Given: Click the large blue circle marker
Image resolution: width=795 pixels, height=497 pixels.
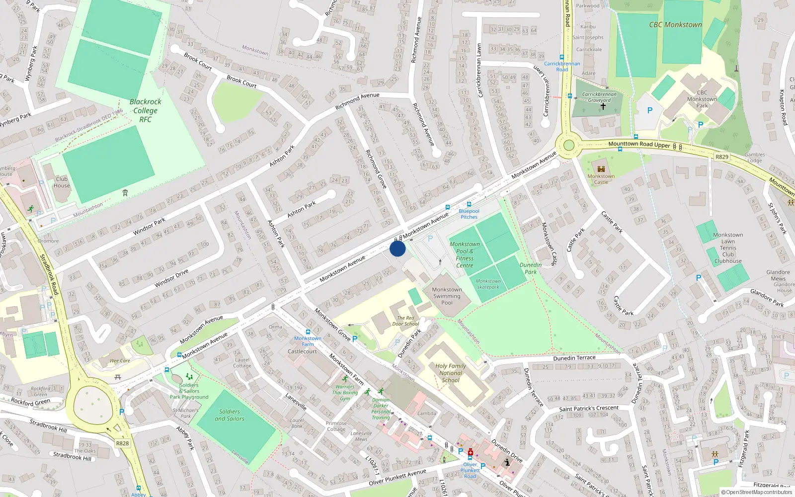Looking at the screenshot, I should (397, 248).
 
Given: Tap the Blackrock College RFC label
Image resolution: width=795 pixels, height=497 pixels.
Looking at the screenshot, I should (145, 110).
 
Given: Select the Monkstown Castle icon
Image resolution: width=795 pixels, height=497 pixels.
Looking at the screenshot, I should (601, 169).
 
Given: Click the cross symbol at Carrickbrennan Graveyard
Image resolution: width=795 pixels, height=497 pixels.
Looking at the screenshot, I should (603, 106).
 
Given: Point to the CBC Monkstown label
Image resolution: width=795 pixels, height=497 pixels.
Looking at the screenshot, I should (675, 24).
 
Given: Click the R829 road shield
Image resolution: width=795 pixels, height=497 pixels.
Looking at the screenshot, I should (721, 157).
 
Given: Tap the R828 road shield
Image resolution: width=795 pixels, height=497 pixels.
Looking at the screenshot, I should (122, 443).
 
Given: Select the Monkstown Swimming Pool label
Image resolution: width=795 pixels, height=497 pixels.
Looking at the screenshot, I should (447, 296).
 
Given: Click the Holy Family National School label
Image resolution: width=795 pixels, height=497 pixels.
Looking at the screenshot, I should (451, 373).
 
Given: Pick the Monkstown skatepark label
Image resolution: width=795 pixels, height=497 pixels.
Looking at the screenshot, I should (488, 284).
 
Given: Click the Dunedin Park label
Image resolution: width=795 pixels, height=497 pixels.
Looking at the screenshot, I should (531, 268).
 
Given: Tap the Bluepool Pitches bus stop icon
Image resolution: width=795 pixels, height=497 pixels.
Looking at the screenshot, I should (469, 204).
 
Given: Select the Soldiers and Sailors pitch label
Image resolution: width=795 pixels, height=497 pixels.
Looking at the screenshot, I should (230, 415).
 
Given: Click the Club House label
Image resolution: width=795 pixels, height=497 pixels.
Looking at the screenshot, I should (62, 182).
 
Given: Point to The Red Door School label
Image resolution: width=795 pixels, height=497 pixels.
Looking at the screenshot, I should (405, 321).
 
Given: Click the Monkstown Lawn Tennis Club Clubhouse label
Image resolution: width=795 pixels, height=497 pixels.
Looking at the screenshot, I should (728, 248).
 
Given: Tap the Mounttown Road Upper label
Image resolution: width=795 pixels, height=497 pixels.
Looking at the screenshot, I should (639, 145).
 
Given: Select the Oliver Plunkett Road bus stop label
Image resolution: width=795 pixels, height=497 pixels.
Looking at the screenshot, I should (470, 470).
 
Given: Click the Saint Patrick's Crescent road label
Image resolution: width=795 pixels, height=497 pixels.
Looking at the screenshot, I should (589, 409).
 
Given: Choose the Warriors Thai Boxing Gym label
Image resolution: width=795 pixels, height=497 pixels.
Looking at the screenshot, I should (345, 393).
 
